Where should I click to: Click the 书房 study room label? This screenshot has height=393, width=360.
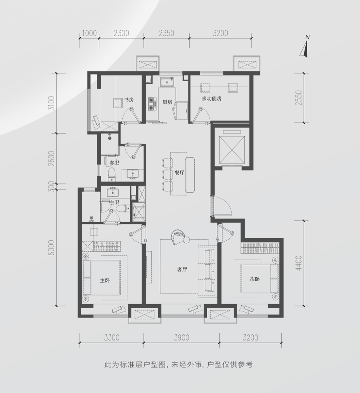[129, 100]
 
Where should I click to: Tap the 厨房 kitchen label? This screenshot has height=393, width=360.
[167, 102]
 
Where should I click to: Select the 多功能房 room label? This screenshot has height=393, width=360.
[212, 99]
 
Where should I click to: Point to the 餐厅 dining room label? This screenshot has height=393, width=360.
[179, 173]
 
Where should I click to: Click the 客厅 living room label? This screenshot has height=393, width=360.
[182, 270]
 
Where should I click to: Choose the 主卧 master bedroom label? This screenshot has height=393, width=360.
[105, 280]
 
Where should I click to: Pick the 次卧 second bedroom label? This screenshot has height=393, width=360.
[255, 279]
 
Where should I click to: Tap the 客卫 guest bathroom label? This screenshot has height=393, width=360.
[114, 163]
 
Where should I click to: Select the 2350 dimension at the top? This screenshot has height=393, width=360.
[166, 33]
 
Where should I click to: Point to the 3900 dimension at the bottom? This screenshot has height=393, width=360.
[182, 337]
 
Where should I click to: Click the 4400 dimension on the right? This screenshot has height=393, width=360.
[299, 263]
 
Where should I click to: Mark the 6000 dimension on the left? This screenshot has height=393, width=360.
[51, 248]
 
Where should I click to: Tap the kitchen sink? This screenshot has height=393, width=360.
[167, 82]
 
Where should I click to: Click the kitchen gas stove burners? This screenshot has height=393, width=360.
[152, 104]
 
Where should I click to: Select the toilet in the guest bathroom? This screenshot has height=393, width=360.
[112, 174]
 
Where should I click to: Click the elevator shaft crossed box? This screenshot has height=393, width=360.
[231, 150]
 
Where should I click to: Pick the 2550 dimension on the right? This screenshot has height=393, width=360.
[299, 98]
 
